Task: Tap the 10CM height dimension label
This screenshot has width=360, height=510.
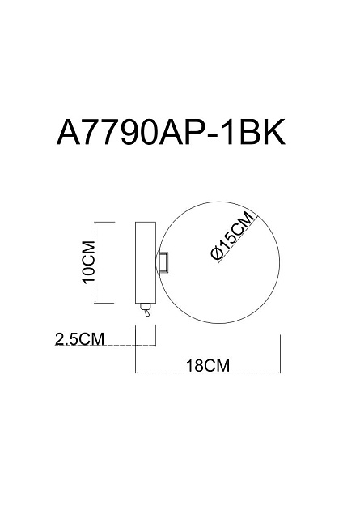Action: [90, 263]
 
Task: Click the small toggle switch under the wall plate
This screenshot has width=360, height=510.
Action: [144, 309]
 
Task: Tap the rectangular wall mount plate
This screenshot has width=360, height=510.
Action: [143, 262]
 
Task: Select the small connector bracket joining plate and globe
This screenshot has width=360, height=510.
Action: [163, 262]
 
